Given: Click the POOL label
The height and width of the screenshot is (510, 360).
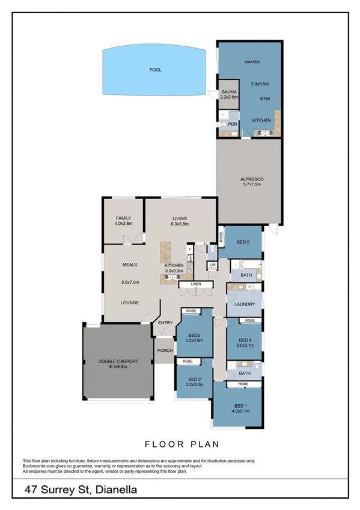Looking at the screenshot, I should pos(156,70).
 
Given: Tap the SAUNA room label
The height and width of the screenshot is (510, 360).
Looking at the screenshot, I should pos(228,91).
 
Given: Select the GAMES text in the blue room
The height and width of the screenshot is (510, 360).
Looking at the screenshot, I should pos(251,62).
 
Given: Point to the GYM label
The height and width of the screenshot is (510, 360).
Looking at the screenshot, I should pos(264,98).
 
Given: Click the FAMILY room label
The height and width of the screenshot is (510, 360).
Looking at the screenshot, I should pos(123,218).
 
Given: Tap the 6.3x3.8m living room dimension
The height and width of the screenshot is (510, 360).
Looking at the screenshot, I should pos(180,224).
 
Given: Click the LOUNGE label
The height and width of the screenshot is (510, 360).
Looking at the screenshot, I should pos(130,303).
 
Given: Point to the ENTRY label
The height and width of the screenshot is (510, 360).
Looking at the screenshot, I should pos(165,323).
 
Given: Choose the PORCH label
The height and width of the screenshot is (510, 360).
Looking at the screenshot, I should pos(165,350).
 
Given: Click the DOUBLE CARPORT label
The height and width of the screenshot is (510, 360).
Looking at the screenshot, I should pos(118,361).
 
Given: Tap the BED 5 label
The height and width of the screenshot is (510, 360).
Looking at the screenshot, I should pos(243,242).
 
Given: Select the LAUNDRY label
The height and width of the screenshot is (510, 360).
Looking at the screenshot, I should pos(244,304).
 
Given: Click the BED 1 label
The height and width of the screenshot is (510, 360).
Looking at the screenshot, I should pos(242,406).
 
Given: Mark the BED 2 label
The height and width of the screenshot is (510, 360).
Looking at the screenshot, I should pos(194,379).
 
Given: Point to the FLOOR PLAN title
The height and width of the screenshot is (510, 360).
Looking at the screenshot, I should pos(181,444).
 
